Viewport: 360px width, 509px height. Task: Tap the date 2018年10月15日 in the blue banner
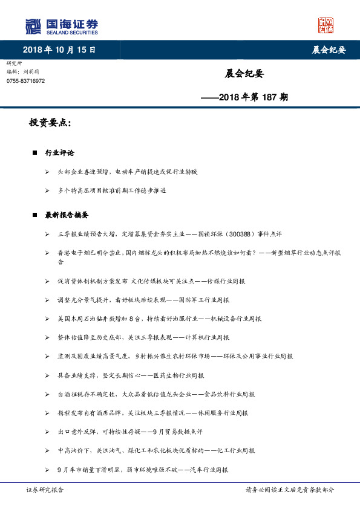click(59, 50)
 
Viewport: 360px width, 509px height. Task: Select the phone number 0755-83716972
click(25, 80)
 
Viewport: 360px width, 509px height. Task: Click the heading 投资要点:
click(50, 123)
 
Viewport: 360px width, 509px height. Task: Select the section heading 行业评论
click(60, 153)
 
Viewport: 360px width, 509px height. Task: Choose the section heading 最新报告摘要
click(67, 215)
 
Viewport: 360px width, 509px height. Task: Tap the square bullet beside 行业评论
click(35, 153)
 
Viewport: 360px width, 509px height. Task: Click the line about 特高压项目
click(112, 190)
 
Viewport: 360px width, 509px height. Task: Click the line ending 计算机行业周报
click(144, 337)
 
